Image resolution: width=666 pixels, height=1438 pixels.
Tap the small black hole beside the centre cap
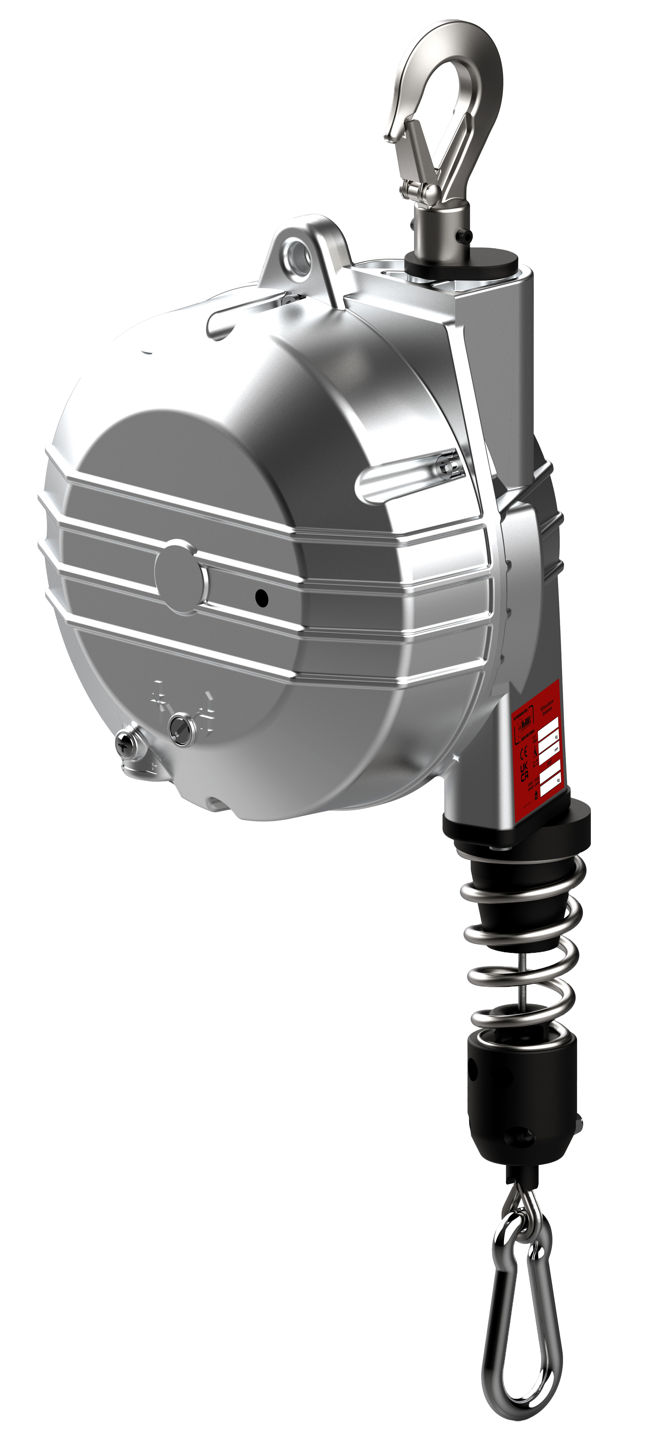click(x=261, y=598)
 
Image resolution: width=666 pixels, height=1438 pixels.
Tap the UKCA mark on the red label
click(x=524, y=772)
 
